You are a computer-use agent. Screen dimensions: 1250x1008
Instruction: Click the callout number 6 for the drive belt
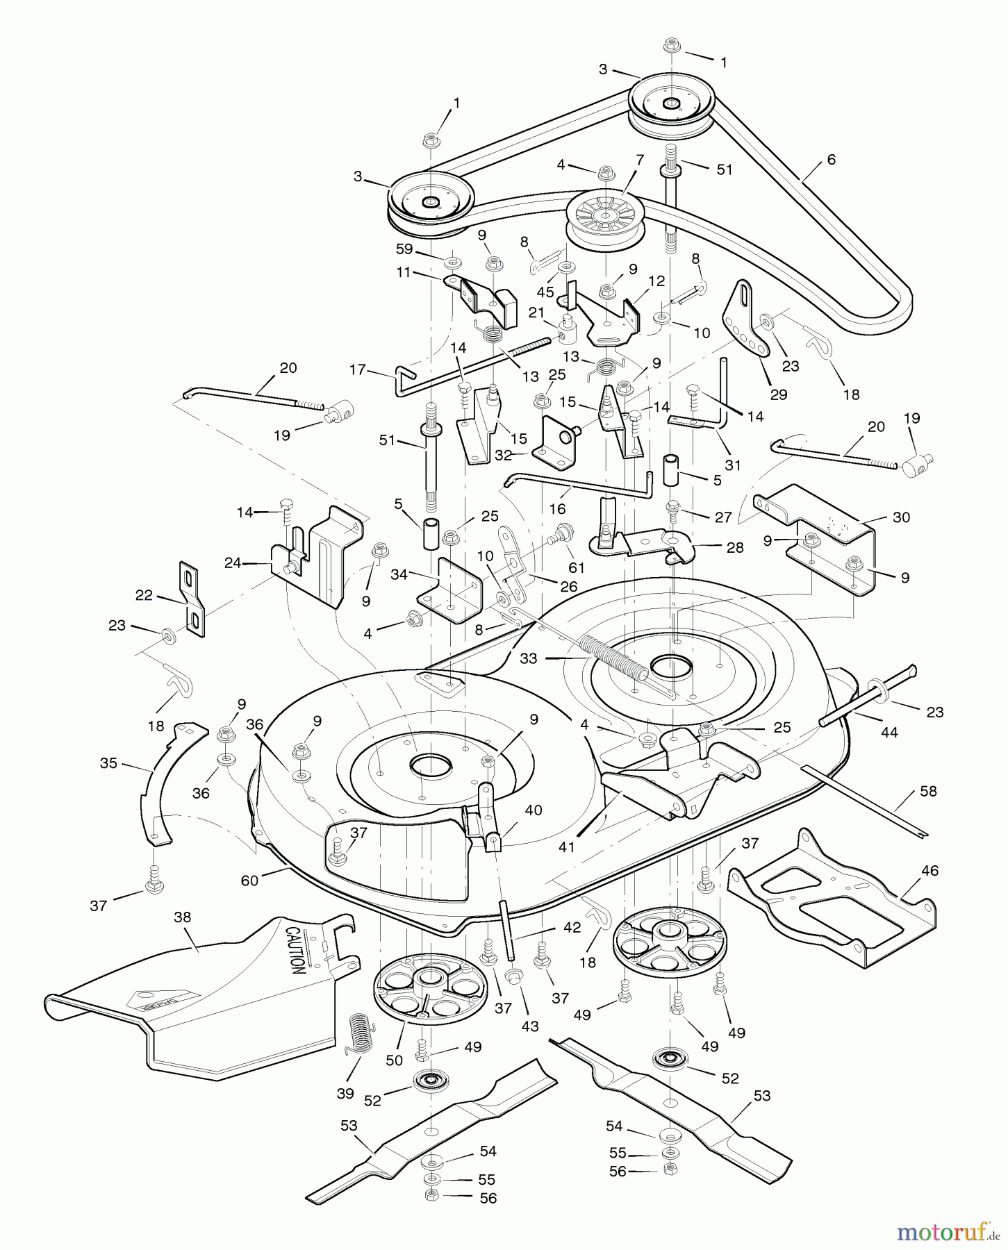coord(831,160)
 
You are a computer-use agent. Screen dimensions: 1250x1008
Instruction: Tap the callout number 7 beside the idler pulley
coord(639,159)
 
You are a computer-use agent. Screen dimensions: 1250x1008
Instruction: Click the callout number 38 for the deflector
coord(182,917)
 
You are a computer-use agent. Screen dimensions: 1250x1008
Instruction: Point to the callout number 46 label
coord(929,870)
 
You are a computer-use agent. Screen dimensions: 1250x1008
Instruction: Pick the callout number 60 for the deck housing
coord(249,881)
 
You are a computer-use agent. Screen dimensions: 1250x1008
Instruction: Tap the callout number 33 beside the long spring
coord(529,658)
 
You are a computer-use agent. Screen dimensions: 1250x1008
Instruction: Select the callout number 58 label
coord(927,791)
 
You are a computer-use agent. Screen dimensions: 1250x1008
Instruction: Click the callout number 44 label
coord(889,732)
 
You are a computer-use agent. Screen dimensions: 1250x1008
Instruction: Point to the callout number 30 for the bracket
coord(900,517)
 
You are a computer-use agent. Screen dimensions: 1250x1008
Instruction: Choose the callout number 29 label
coord(779,394)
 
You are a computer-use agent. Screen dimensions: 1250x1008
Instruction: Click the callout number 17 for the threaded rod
coord(358,370)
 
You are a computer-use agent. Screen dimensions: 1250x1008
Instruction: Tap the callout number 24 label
coord(232,562)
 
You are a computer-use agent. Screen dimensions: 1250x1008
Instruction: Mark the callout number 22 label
coord(144,594)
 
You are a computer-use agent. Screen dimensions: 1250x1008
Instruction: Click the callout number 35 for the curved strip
coord(108,762)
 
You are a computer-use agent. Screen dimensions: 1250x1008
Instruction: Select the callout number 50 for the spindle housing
coord(394,1060)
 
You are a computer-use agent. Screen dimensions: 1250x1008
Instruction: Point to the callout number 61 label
coord(577,567)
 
